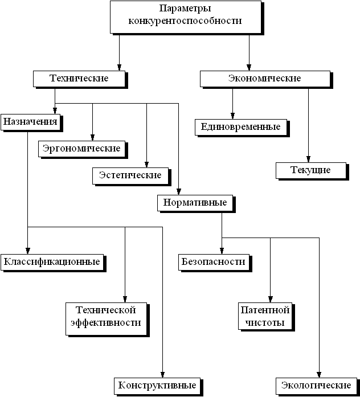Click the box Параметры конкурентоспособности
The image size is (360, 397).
tap(186, 17)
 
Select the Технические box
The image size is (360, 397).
tap(79, 79)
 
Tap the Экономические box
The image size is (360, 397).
tap(265, 79)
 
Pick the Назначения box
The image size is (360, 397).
tap(30, 122)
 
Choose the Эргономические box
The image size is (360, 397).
tap(82, 149)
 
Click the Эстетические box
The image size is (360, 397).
tap(130, 175)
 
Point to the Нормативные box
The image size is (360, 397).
tap(195, 203)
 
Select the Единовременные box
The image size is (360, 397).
tap(241, 127)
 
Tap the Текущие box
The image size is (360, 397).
tap(311, 170)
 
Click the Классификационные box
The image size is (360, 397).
tap(52, 263)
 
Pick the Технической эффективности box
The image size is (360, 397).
tap(106, 319)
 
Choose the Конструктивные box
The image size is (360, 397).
tap(157, 386)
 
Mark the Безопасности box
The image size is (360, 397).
tap(214, 263)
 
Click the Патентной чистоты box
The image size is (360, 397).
tap(265, 316)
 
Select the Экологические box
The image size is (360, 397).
tap(316, 386)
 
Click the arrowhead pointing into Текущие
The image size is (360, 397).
tap(308, 159)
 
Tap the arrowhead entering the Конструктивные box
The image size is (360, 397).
tap(162, 375)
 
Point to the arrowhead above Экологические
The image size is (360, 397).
tap(319, 375)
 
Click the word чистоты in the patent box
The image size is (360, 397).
tap(265, 323)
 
